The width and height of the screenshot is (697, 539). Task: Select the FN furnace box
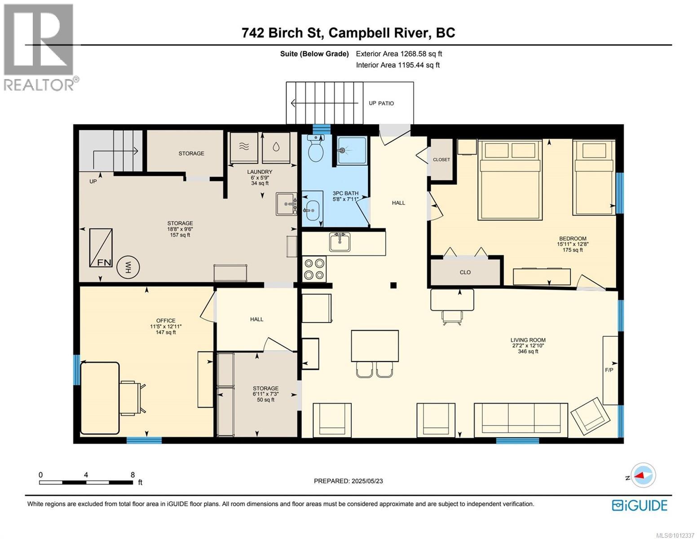tap(101, 247)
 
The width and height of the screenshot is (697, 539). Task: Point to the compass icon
tap(643, 475)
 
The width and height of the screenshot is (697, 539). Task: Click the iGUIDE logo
tap(640, 505)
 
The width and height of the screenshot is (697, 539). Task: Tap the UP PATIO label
tap(381, 103)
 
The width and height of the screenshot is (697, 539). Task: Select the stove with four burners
tap(314, 269)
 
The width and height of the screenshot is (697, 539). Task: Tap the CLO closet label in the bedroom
tap(465, 272)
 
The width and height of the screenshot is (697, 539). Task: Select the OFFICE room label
tap(166, 321)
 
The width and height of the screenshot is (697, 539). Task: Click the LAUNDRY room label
tap(260, 172)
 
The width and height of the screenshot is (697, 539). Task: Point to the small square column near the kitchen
tap(393, 285)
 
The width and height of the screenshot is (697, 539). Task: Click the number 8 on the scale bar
tap(132, 475)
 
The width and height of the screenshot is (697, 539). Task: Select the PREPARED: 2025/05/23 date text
tap(348, 481)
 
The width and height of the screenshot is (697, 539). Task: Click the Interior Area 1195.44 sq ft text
tap(397, 65)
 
